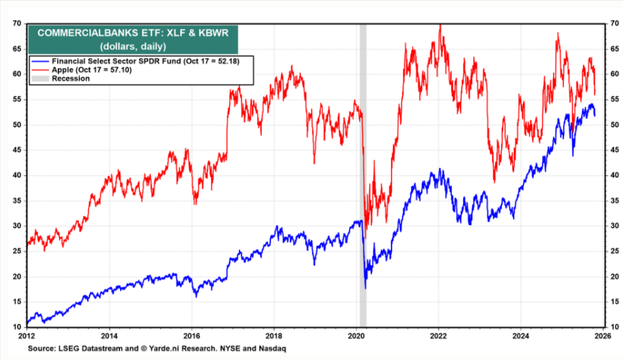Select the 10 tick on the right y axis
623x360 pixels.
click(x=613, y=327)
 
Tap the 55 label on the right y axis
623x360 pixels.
click(x=613, y=100)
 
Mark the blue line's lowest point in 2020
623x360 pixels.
click(x=365, y=288)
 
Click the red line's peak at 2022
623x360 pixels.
click(x=439, y=25)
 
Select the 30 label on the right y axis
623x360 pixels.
click(x=613, y=226)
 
